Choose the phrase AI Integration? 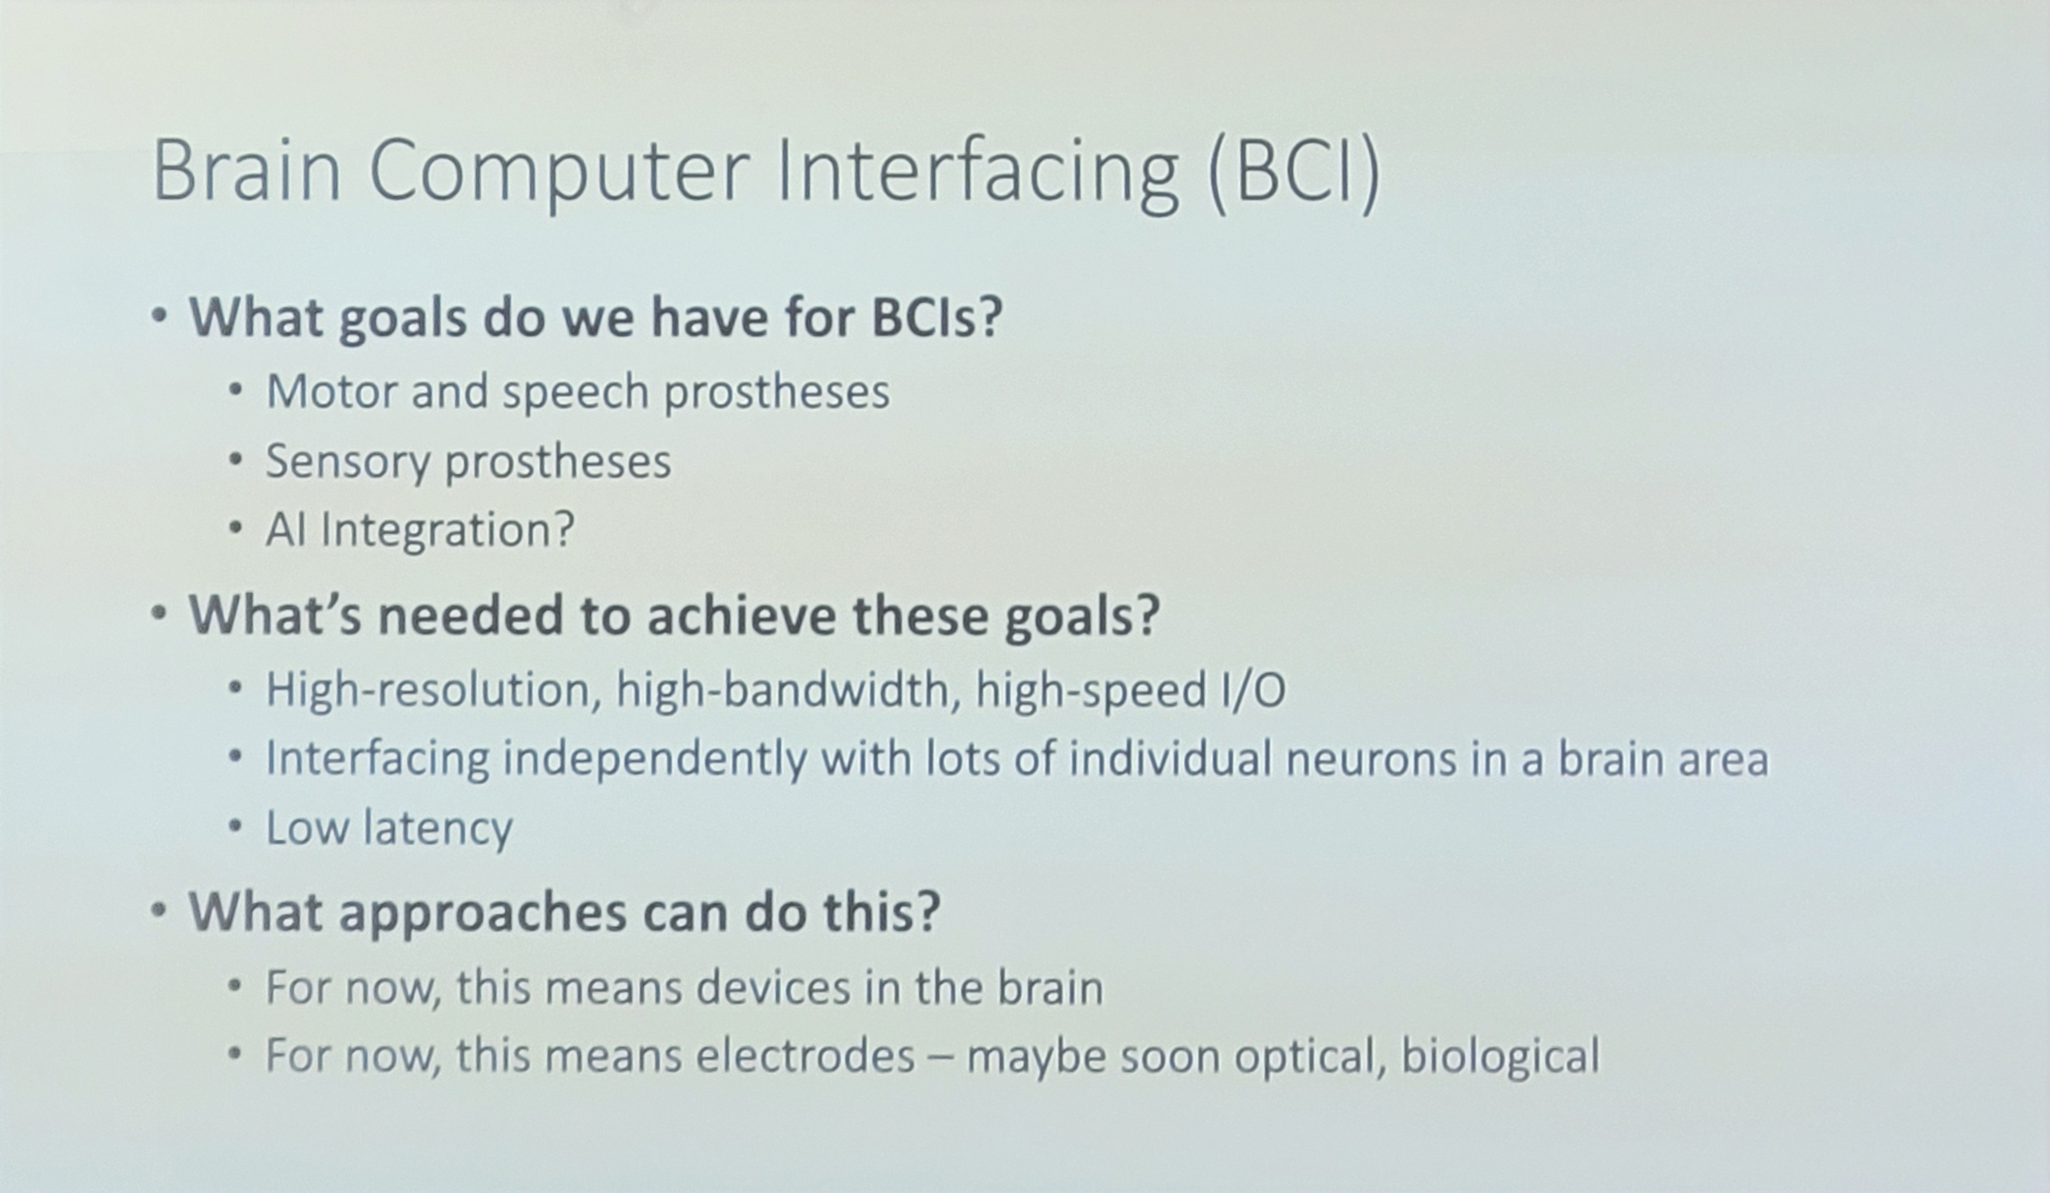[x=420, y=530]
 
